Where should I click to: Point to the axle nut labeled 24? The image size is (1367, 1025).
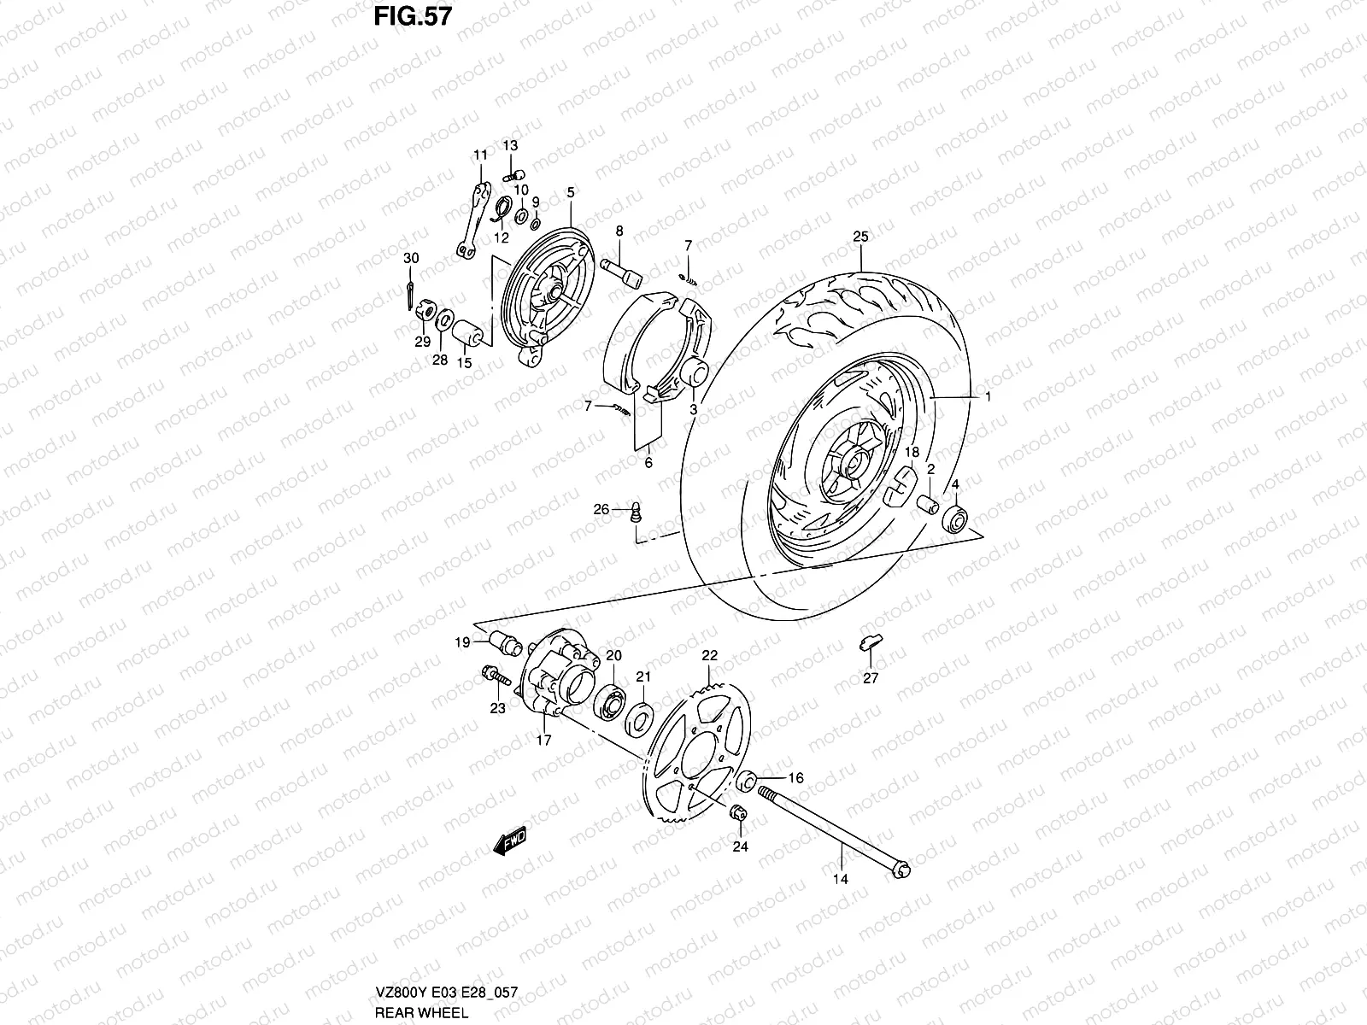point(737,813)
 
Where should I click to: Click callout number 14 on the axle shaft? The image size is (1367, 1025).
point(840,878)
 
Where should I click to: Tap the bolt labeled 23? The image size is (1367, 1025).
point(494,676)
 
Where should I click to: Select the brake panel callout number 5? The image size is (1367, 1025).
point(571,194)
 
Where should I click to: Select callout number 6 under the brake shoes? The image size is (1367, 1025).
point(648,462)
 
